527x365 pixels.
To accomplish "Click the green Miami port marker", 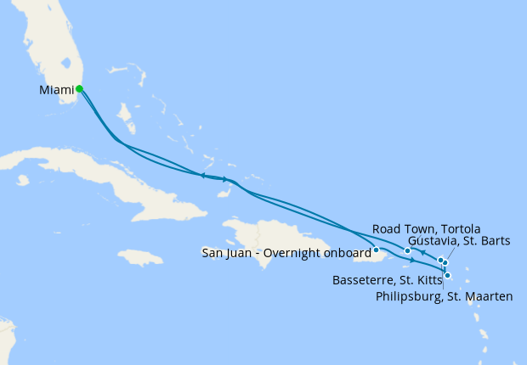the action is coord(79,88).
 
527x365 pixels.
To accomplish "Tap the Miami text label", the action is coord(56,89).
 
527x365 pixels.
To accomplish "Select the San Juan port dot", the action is coord(376,250).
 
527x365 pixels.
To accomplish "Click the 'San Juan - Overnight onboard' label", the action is coord(286,251).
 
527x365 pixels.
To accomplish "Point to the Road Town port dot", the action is coord(408,250).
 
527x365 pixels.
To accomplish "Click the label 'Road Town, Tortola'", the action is coord(427,229).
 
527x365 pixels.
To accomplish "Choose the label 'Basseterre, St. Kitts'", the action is coord(387,278).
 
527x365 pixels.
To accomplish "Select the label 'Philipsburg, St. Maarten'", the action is coord(445,295).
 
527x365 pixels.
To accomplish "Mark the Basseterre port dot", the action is coord(448,275).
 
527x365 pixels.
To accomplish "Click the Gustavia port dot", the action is coord(445,263).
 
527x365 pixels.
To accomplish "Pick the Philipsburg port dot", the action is coord(440,260).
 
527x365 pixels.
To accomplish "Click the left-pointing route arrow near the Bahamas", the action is coord(203,176).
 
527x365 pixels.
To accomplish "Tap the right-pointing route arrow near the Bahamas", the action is coord(225,179).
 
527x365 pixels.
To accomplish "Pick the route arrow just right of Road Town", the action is coord(422,253).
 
